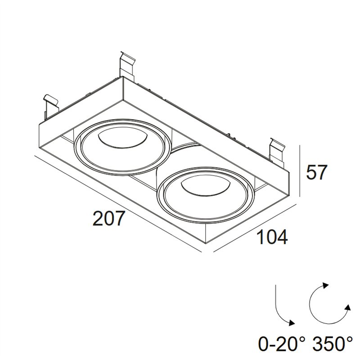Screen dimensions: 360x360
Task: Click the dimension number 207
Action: [x=109, y=218]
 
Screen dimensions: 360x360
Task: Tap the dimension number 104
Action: [x=273, y=237]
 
